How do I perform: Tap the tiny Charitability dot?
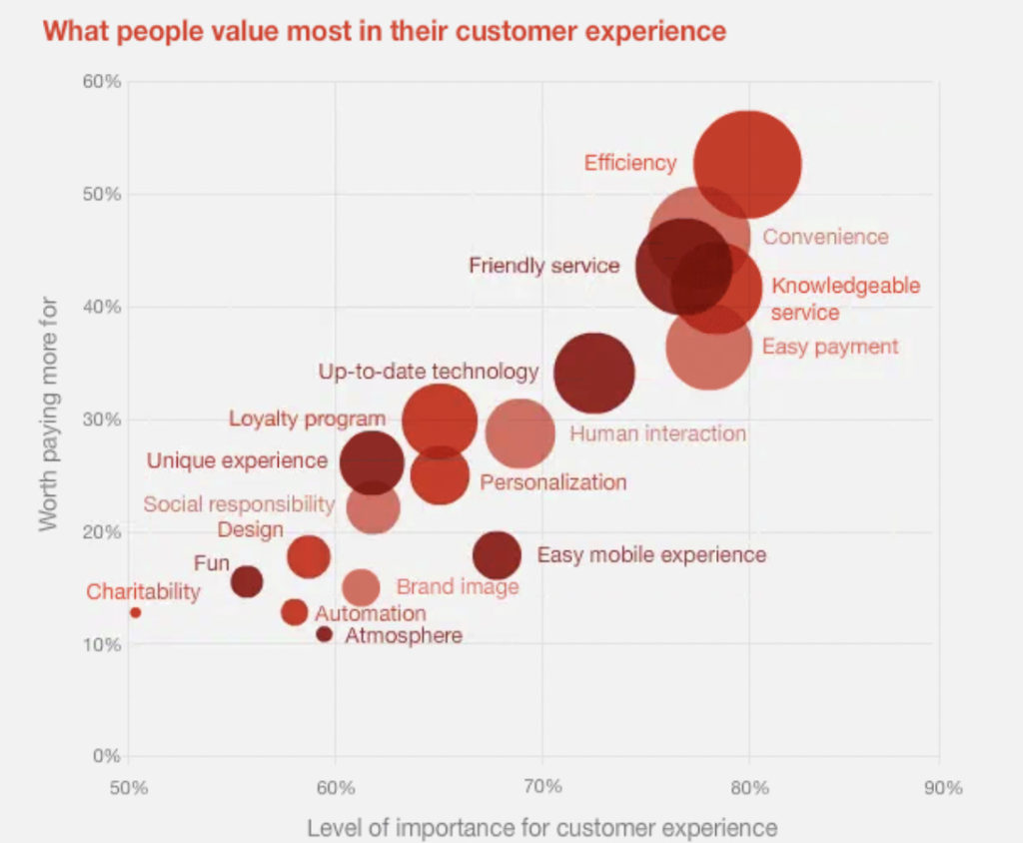[x=135, y=612]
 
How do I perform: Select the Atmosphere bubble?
[x=324, y=634]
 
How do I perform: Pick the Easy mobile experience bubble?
[x=497, y=555]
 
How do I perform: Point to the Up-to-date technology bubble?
[x=594, y=373]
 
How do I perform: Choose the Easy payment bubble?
[x=708, y=348]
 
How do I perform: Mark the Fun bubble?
[x=247, y=580]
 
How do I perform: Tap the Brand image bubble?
[x=361, y=588]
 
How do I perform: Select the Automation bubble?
[x=294, y=611]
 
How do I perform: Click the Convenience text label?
[x=825, y=237]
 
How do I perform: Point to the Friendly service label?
[x=544, y=266]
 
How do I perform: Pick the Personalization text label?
[x=553, y=482]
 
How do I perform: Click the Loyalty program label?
[x=307, y=419]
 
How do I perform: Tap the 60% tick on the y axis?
[x=100, y=81]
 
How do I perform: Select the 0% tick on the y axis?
[x=106, y=756]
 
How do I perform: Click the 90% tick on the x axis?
[x=942, y=788]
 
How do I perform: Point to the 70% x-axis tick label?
[x=541, y=788]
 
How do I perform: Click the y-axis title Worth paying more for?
[x=47, y=414]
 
